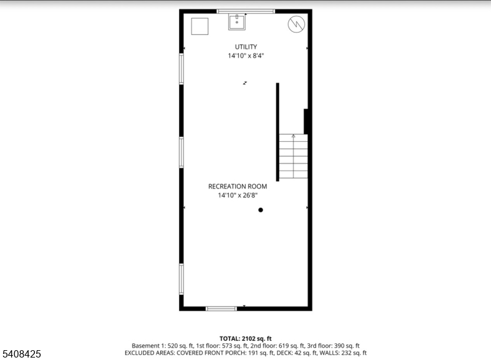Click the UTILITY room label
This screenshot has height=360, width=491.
(245, 47)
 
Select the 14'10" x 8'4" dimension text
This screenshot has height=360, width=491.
(245, 56)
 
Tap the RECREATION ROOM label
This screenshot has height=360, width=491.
(236, 186)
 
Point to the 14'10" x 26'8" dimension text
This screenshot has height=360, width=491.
(238, 195)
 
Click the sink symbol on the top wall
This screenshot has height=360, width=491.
(237, 22)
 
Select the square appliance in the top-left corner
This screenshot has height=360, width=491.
(199, 26)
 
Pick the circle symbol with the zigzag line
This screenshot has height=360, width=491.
(296, 24)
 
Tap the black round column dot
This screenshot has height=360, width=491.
(260, 210)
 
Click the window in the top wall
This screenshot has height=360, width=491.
(245, 11)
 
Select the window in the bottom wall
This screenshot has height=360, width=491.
(221, 308)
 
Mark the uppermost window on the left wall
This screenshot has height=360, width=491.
(181, 68)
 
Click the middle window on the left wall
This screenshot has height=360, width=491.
(181, 152)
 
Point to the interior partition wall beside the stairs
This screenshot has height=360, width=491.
(277, 131)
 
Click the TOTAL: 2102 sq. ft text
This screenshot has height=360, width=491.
(245, 338)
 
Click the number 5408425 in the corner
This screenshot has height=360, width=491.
(22, 354)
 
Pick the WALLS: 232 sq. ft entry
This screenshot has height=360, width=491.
(341, 353)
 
